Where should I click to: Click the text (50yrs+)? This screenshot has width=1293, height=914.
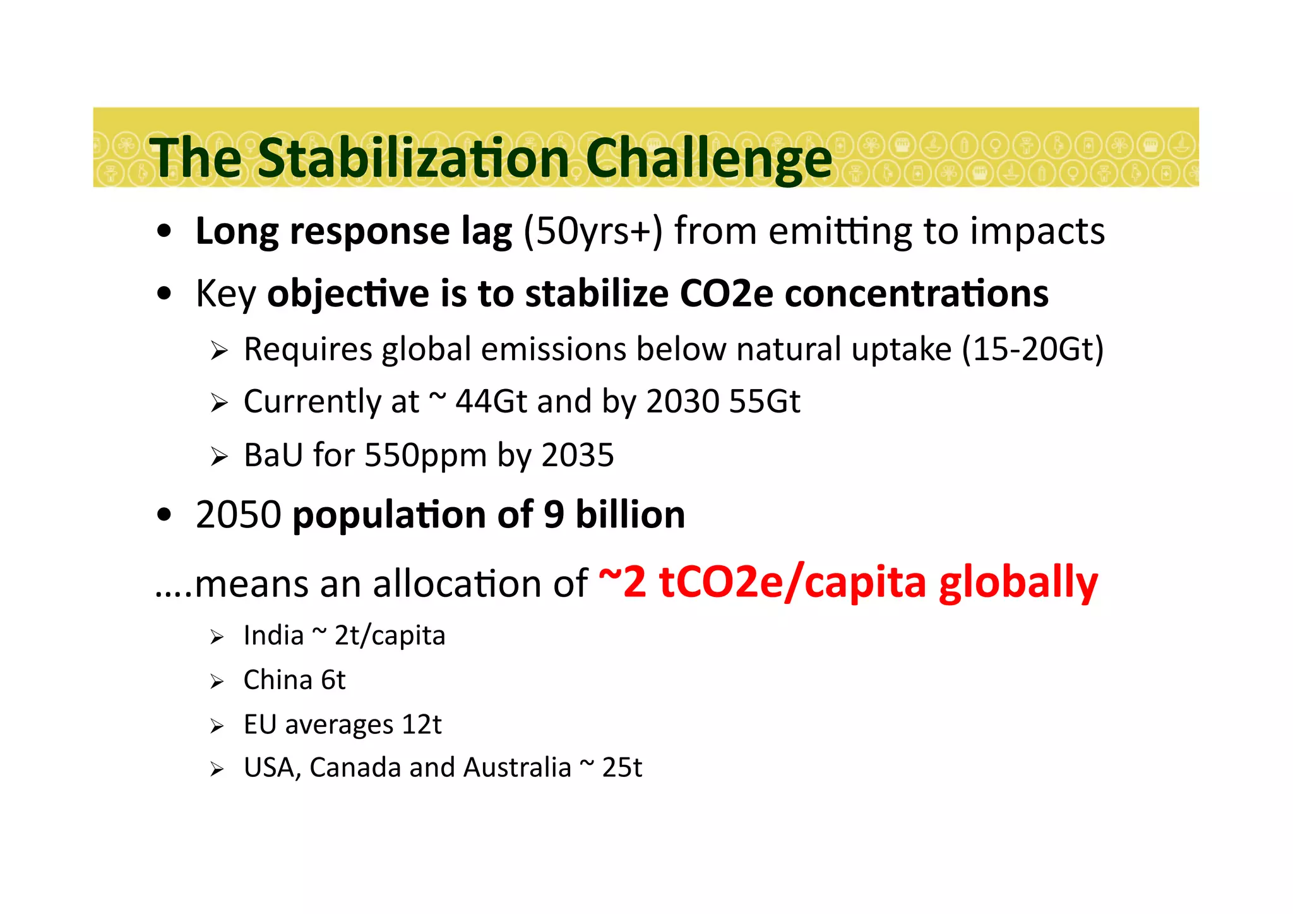coord(593,231)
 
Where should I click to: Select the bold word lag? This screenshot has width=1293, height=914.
coord(486,231)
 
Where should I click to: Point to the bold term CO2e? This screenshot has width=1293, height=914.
coord(726,294)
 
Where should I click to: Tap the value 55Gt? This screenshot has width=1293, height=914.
coord(764,402)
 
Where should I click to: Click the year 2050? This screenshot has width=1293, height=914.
coord(238,515)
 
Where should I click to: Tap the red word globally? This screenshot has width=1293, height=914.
coord(1018,582)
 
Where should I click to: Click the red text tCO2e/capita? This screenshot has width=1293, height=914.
coord(792,582)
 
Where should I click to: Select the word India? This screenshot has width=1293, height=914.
coord(273,635)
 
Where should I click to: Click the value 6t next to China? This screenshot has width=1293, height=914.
coord(333,680)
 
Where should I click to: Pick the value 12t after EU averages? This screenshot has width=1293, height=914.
coord(421,725)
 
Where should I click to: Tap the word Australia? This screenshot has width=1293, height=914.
coord(517,768)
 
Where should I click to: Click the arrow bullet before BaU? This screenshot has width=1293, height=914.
coord(218,457)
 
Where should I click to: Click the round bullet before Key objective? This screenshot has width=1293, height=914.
coord(164,294)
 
